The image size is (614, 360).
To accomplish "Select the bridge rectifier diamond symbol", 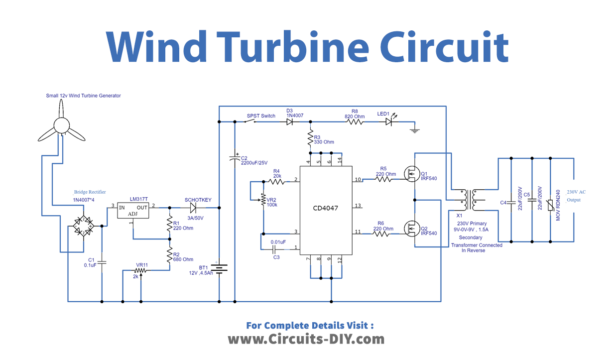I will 78,231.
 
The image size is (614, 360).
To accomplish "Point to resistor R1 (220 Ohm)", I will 167,227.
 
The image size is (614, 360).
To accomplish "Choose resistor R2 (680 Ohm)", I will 167,254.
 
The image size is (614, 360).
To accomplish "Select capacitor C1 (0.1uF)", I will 101,264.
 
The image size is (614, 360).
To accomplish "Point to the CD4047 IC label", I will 326,208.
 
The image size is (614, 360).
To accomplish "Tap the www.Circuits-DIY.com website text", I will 307,339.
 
